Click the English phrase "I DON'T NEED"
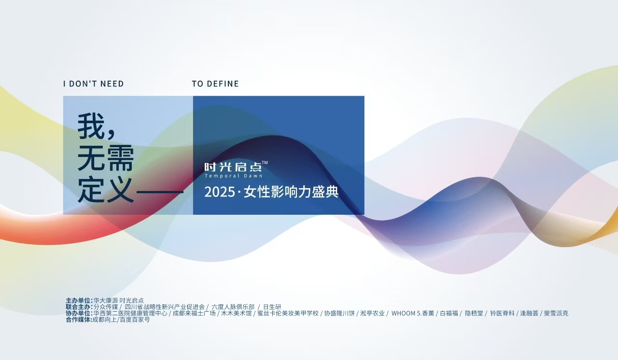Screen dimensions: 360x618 [x=93, y=84]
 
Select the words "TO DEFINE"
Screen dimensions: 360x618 [x=215, y=84]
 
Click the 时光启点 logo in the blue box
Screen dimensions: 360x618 [x=233, y=167]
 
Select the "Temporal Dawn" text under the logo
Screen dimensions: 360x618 [x=233, y=176]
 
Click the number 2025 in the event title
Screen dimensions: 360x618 [x=219, y=192]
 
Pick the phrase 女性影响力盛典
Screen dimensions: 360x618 [x=291, y=192]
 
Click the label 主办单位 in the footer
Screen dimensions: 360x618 [x=79, y=300]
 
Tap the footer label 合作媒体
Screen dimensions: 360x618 [x=79, y=319]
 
